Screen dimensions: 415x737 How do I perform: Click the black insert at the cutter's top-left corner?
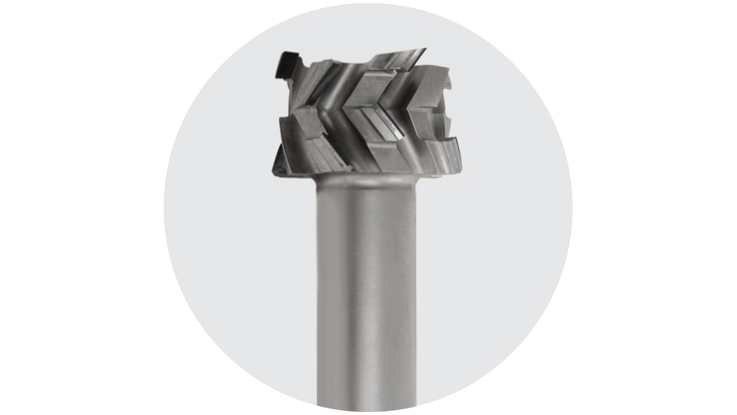coord(286,64)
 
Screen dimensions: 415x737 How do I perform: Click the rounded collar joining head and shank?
coord(366,178)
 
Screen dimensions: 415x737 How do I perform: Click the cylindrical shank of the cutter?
coord(366,295)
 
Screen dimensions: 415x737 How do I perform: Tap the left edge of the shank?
coord(318,295)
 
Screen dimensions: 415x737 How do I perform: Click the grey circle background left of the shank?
coord(236,258)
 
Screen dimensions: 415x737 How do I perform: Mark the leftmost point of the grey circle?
coord(164,207)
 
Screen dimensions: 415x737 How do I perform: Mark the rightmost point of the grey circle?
coord(573,207)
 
